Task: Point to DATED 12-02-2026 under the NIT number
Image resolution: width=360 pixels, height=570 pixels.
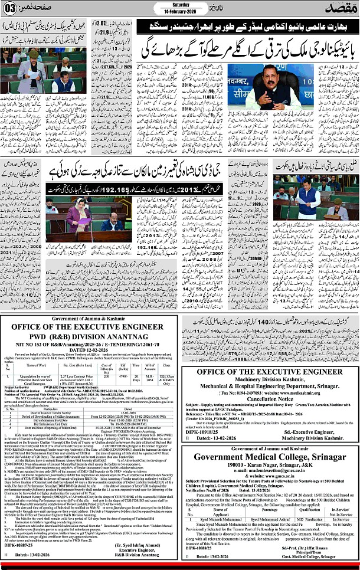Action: pos(90,366)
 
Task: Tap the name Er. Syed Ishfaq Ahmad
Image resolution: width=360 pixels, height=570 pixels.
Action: pos(143,546)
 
